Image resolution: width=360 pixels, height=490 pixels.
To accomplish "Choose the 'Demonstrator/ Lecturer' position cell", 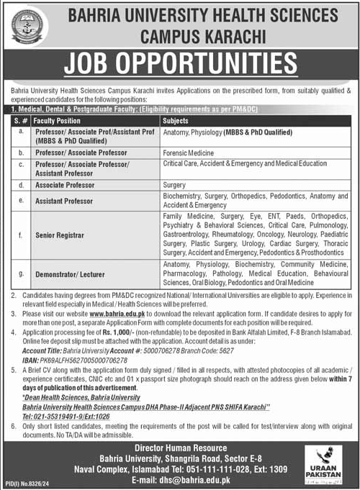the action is pyautogui.click(x=68, y=274).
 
